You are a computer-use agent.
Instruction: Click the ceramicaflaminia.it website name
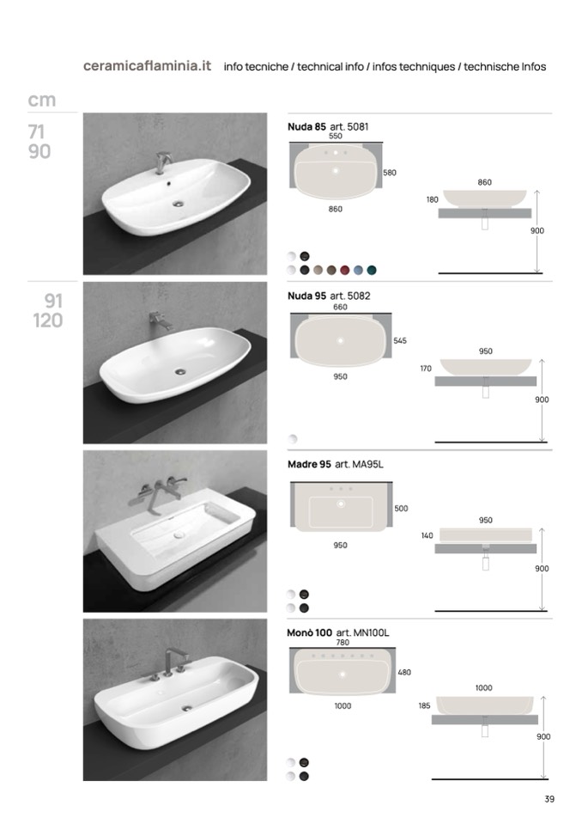click(x=147, y=66)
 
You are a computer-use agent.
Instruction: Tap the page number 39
click(x=549, y=799)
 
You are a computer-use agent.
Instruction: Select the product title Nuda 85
click(x=306, y=126)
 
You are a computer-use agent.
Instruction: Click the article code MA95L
click(x=367, y=465)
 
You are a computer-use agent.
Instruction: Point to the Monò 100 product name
click(x=309, y=632)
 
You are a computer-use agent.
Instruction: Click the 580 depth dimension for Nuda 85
click(x=390, y=173)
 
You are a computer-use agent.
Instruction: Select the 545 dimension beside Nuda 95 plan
click(x=400, y=340)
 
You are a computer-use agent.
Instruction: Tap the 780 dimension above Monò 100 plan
click(x=343, y=642)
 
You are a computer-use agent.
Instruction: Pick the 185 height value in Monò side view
click(x=424, y=705)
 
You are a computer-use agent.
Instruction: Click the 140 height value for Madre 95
click(x=427, y=535)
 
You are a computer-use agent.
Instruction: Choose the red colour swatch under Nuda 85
click(x=345, y=270)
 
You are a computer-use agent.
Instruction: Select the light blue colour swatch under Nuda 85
click(x=358, y=270)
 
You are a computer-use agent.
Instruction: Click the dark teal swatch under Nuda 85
click(x=372, y=270)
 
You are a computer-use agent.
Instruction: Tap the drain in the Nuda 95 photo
click(x=180, y=371)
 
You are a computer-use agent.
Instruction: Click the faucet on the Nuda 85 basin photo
click(x=162, y=162)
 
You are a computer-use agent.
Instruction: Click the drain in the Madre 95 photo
click(x=179, y=535)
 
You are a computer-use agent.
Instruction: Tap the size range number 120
click(x=48, y=320)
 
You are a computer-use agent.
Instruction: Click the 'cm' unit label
click(x=41, y=100)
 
